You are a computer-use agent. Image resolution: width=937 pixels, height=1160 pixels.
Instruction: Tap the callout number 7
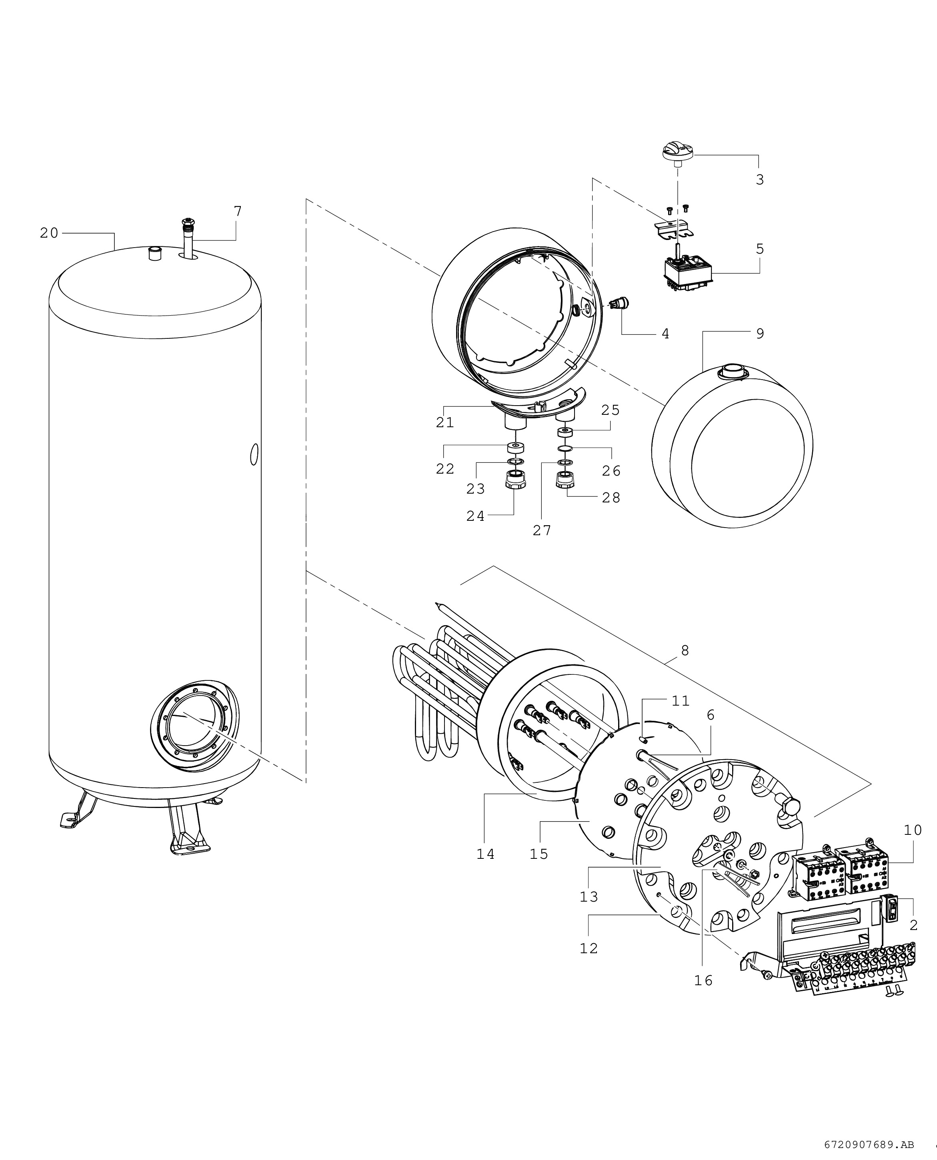[238, 211]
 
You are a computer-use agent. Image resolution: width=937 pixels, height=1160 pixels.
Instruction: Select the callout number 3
[759, 180]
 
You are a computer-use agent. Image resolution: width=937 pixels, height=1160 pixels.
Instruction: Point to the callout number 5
[759, 249]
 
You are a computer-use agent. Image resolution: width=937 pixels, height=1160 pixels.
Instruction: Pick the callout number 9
[759, 334]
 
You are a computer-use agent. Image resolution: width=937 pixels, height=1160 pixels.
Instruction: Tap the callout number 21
[445, 422]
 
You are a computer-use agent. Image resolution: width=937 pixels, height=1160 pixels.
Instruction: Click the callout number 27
[542, 530]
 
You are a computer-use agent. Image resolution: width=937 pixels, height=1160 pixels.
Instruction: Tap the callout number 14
[485, 854]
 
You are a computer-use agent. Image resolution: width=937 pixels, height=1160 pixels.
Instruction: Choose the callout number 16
[703, 980]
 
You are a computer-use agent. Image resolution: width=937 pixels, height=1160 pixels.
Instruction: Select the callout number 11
[681, 701]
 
